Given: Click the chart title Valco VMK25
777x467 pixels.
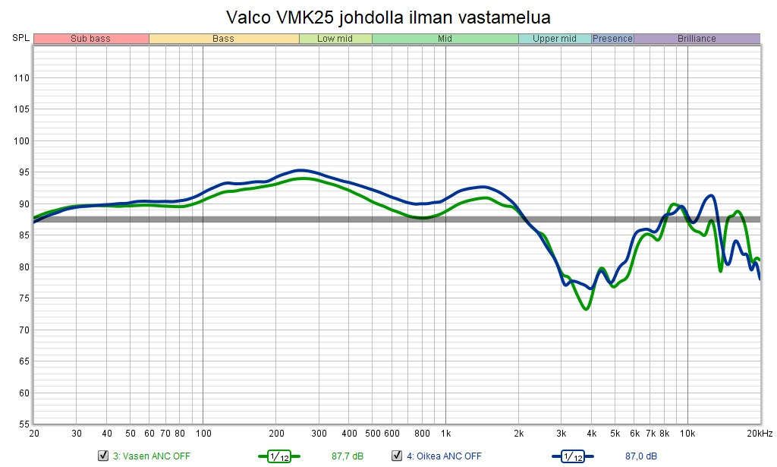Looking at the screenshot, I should (x=388, y=16).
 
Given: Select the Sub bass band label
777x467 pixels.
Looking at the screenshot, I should (x=91, y=39).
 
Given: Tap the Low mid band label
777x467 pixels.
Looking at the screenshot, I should (x=335, y=39).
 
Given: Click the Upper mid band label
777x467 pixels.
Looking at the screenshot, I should (x=555, y=39).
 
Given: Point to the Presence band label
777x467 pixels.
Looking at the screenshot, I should (x=612, y=39).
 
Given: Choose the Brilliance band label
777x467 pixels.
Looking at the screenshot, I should (x=697, y=39).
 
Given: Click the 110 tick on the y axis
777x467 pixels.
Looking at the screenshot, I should (x=20, y=77).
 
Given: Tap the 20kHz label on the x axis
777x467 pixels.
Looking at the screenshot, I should (x=760, y=434).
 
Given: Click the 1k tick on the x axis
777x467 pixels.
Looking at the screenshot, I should (x=445, y=434).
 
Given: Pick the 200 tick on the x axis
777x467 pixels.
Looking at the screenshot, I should (x=276, y=434).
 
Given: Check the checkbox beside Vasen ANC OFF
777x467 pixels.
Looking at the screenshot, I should (x=103, y=456).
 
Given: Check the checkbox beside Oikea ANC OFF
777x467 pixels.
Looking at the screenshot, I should (x=396, y=456).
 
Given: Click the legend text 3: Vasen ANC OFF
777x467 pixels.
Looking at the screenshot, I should (x=152, y=456).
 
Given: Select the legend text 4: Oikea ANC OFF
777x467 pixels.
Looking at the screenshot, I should (x=444, y=456).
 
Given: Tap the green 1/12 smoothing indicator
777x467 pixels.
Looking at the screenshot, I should (x=279, y=456).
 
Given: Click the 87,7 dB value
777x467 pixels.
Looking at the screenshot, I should (x=348, y=456).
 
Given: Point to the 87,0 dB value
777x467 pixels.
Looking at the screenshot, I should (x=641, y=456).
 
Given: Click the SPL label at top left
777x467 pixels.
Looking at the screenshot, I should (x=20, y=38).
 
